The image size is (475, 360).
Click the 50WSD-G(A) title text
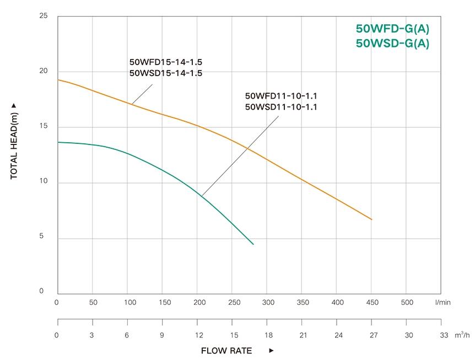tap(392, 44)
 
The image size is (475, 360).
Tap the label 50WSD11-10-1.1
tap(281, 107)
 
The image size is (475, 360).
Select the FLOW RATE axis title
tap(226, 351)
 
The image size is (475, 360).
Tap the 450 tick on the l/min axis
tap(372, 302)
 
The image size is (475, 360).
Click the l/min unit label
tap(442, 302)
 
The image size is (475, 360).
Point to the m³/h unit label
tap(462, 335)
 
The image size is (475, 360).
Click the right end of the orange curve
tap(372, 219)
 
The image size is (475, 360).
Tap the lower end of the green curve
tap(253, 244)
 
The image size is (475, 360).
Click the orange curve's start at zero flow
tap(58, 79)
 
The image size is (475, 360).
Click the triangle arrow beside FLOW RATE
tap(271, 351)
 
